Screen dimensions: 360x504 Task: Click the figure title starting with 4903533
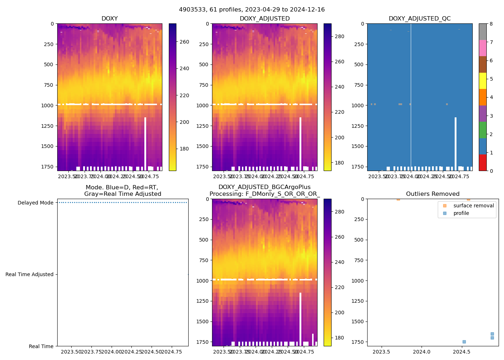point(252,10)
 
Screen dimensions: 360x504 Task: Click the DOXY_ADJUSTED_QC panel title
point(419,19)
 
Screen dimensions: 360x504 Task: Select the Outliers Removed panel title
point(433,194)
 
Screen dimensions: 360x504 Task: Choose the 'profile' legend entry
point(461,213)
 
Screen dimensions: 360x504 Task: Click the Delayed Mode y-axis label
point(35,203)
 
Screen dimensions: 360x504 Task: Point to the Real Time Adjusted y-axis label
point(30,274)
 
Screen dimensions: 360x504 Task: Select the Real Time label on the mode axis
point(41,346)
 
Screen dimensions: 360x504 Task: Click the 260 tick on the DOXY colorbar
point(184,42)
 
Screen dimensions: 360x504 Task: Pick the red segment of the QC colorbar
point(482,162)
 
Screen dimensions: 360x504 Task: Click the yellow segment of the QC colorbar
point(482,81)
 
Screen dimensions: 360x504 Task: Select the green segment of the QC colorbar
point(482,130)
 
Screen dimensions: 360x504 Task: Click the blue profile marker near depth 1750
point(464,342)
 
